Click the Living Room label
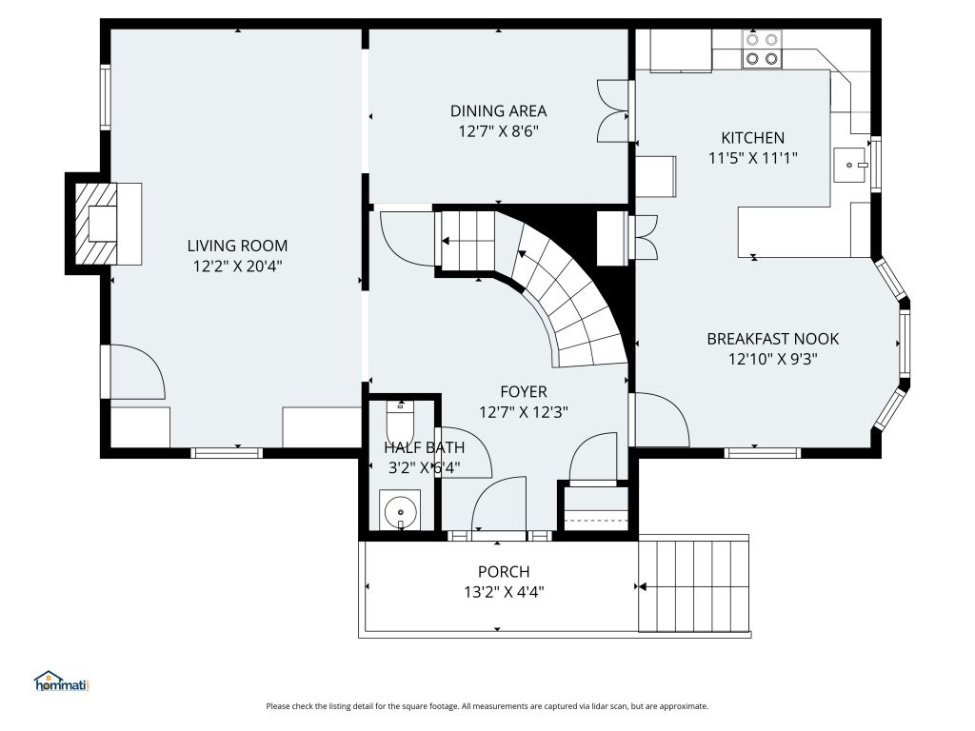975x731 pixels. pyautogui.click(x=237, y=246)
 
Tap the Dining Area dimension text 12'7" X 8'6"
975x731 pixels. pyautogui.click(x=498, y=131)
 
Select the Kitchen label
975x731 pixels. pyautogui.click(x=752, y=137)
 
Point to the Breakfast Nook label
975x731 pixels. pyautogui.click(x=773, y=339)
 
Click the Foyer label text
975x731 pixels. pyautogui.click(x=524, y=391)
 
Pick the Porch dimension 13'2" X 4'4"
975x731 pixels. pyautogui.click(x=504, y=592)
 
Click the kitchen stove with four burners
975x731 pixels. pyautogui.click(x=762, y=49)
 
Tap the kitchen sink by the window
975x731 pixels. pyautogui.click(x=850, y=166)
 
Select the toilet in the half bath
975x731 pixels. pyautogui.click(x=400, y=422)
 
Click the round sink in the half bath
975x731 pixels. pyautogui.click(x=401, y=512)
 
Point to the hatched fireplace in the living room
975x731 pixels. pyautogui.click(x=96, y=224)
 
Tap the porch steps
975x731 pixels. pyautogui.click(x=694, y=586)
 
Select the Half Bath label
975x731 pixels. pyautogui.click(x=424, y=447)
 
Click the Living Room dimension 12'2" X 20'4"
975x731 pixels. pyautogui.click(x=237, y=267)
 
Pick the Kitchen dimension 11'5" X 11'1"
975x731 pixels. pyautogui.click(x=752, y=158)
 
